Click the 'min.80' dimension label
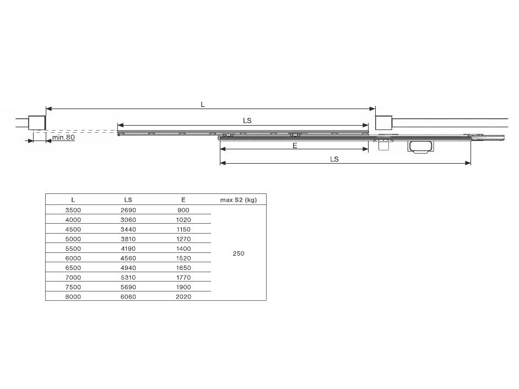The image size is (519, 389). click(63, 137)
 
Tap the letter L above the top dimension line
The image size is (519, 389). click(203, 105)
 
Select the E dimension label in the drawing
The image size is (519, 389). click(295, 145)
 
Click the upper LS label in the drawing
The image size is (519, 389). click(247, 121)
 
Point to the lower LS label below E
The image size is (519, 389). click(334, 159)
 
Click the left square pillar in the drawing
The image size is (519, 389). click(37, 123)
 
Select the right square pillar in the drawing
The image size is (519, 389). click(383, 123)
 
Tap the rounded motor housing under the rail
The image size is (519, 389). click(420, 147)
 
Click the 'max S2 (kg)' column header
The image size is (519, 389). click(239, 199)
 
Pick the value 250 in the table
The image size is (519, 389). click(239, 253)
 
